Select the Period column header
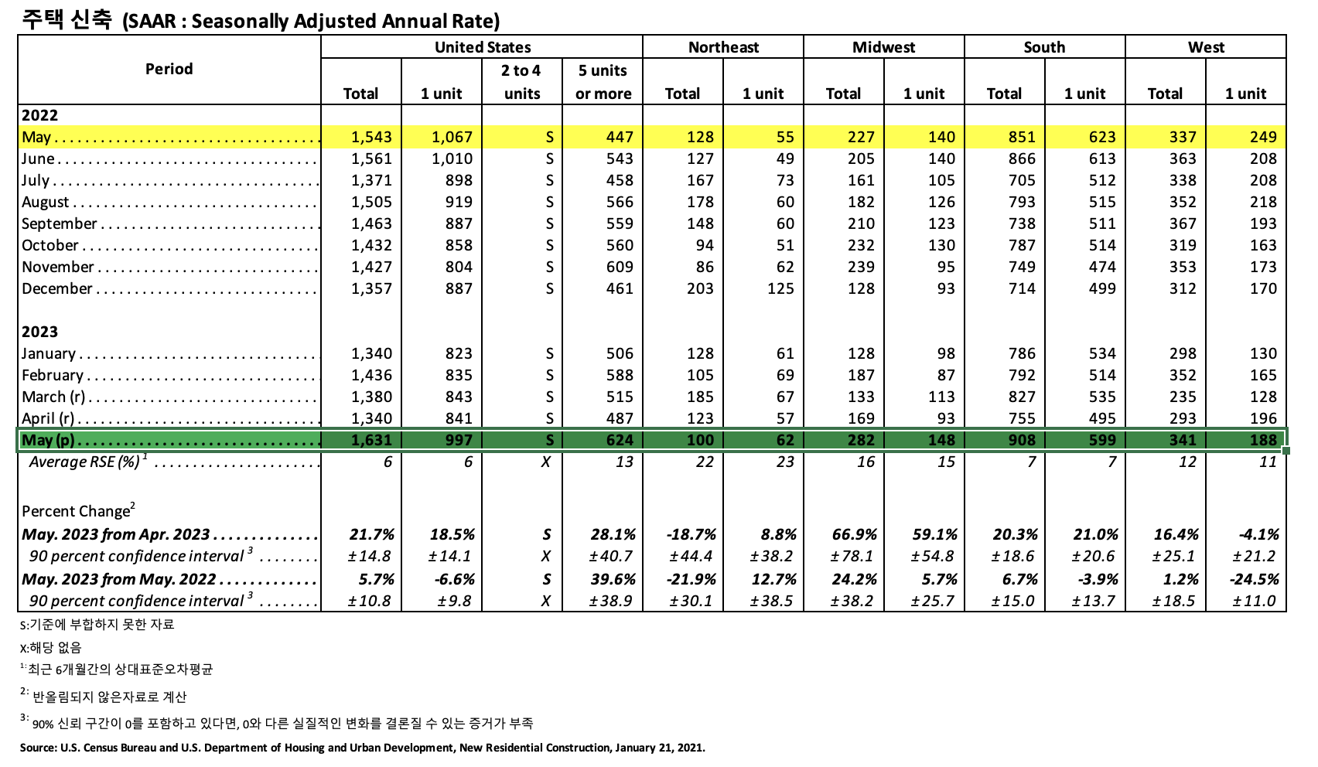pos(169,69)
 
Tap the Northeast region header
pos(723,47)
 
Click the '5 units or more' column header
pos(603,82)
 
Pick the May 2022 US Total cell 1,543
pos(371,137)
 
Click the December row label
pos(57,288)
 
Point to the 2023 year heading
pos(39,332)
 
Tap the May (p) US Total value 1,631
pos(371,440)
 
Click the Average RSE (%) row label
pos(85,462)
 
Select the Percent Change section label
pos(77,511)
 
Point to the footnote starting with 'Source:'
pos(362,748)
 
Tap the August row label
pos(46,202)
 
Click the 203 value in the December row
pos(700,288)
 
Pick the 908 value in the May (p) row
pos(1021,440)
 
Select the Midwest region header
pos(883,47)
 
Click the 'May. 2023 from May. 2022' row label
pos(119,579)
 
